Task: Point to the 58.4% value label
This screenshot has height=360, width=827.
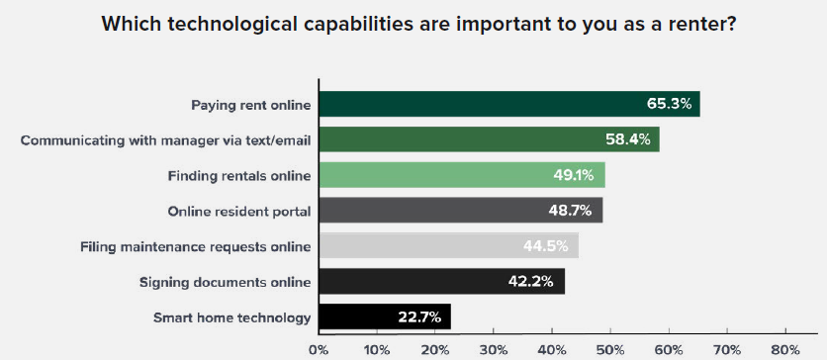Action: tap(627, 139)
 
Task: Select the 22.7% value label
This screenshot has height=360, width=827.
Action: tap(418, 317)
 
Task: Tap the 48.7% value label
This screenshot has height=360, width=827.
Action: tap(570, 211)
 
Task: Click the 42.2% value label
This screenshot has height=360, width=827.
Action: tap(532, 282)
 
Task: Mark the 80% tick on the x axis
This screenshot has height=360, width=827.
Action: tap(785, 349)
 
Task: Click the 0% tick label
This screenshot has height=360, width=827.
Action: tap(319, 349)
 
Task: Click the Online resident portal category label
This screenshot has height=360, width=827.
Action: tap(239, 211)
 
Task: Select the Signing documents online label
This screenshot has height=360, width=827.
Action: tap(227, 282)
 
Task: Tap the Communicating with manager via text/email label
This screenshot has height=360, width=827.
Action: tap(166, 139)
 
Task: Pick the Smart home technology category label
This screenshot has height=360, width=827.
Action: tap(232, 317)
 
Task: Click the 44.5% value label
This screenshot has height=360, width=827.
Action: tap(546, 246)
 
